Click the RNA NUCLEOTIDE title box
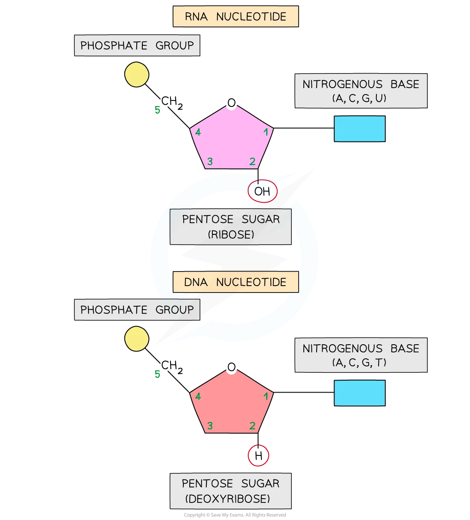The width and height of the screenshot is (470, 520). click(x=235, y=17)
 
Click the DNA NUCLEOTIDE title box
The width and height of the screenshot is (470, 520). click(x=235, y=282)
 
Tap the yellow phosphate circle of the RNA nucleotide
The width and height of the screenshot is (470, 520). click(x=137, y=75)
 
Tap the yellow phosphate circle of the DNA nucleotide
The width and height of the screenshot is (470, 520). click(x=137, y=339)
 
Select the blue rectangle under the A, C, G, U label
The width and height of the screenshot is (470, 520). click(x=359, y=129)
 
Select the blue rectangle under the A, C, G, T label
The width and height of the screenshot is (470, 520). click(x=359, y=393)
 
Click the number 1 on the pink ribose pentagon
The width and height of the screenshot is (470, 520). click(x=266, y=132)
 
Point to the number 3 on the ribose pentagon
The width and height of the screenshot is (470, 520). click(x=210, y=162)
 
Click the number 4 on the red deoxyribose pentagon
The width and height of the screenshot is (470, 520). click(x=198, y=396)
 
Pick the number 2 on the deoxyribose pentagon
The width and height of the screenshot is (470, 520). click(x=252, y=426)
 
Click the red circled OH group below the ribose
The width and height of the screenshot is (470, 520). click(x=262, y=191)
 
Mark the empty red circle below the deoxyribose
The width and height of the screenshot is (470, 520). click(x=258, y=455)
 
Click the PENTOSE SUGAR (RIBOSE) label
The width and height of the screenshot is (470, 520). click(x=231, y=227)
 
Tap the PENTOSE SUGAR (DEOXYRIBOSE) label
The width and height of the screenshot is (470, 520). click(x=231, y=491)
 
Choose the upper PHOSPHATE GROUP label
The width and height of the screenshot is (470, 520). click(x=137, y=45)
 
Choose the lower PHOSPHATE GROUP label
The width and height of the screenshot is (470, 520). click(x=137, y=310)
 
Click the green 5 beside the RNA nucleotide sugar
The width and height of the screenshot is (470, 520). click(x=157, y=111)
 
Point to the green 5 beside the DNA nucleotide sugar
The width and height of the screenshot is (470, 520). click(x=157, y=375)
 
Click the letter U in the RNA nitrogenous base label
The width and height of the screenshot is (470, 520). click(x=379, y=98)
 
